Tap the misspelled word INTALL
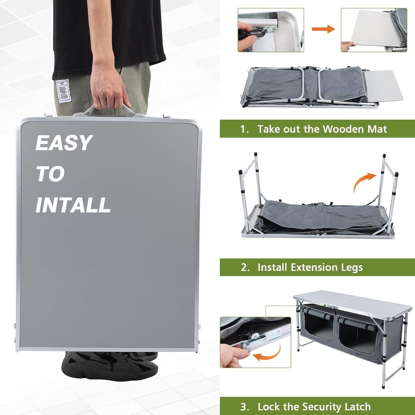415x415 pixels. pos(73,205)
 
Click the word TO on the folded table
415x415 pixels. pos(50,174)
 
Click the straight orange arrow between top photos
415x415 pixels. pos(323,29)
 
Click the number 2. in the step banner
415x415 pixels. pos(245,267)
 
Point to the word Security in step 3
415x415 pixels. pos(320,407)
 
